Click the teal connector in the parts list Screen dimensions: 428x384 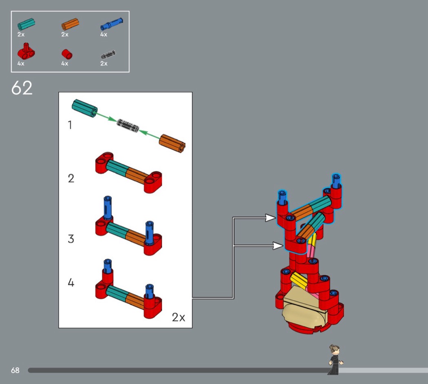[26, 24]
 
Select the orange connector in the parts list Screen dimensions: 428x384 [70, 24]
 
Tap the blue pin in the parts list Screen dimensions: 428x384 [111, 24]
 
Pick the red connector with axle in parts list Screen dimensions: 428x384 [26, 51]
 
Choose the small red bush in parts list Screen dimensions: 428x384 [67, 54]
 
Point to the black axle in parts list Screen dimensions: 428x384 [108, 55]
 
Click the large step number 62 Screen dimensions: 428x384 [22, 88]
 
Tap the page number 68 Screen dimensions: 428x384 [15, 371]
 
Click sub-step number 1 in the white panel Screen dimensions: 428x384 [70, 125]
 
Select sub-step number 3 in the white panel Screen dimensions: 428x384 [71, 239]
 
